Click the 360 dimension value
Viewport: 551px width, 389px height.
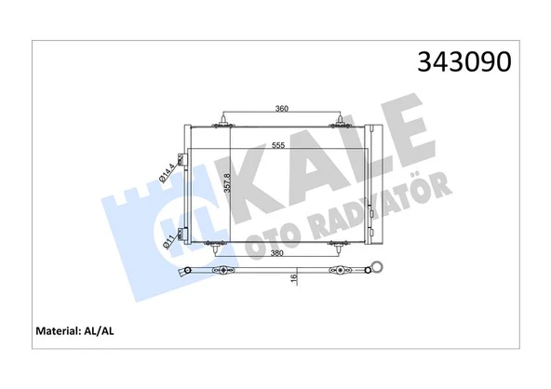pos(283,109)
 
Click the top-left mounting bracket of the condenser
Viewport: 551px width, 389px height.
pos(223,120)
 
